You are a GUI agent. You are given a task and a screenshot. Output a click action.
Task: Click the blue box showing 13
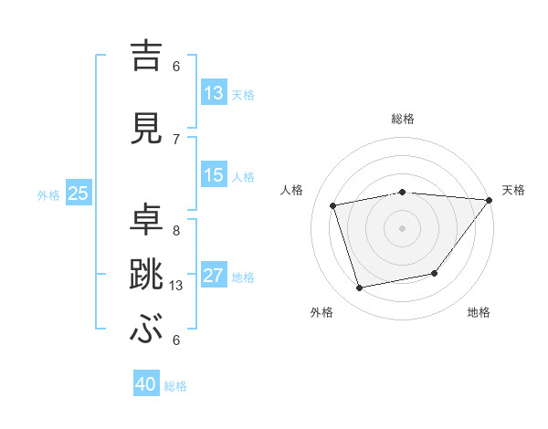point(214,93)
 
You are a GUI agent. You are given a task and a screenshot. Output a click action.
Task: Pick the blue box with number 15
point(214,175)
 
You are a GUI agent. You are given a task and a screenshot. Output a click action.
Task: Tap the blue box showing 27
point(214,276)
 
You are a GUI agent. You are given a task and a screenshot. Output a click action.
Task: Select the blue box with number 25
point(78,194)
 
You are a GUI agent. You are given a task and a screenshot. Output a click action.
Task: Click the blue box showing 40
point(146,384)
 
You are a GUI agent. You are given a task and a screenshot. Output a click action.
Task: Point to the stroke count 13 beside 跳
point(177,286)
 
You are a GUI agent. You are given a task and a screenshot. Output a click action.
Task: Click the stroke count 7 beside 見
point(176,139)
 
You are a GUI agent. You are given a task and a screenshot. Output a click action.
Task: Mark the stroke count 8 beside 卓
point(176,231)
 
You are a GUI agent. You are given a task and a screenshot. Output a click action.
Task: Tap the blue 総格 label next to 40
point(175,386)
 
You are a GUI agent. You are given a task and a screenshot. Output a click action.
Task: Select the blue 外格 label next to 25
point(48,194)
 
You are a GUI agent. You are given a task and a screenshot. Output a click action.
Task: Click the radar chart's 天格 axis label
point(513,190)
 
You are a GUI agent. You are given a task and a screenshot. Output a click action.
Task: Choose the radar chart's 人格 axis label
point(292,190)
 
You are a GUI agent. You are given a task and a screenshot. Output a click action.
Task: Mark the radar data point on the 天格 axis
point(490,200)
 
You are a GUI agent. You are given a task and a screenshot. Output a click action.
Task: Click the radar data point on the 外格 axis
point(360,288)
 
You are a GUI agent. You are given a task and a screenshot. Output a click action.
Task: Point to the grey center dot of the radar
point(402,227)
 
